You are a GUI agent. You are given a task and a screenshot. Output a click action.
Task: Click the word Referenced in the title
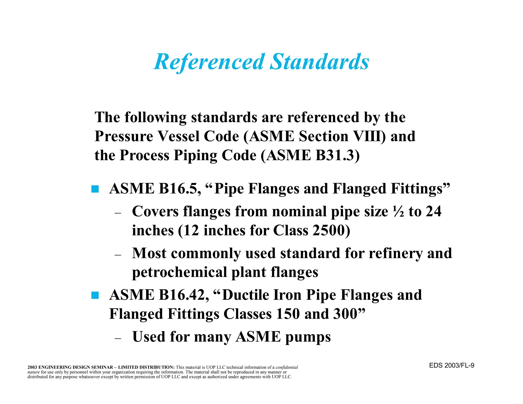[x=209, y=62]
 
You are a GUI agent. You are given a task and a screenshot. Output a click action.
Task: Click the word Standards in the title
[x=319, y=62]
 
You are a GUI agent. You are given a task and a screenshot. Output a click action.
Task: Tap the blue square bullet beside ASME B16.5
[x=95, y=189]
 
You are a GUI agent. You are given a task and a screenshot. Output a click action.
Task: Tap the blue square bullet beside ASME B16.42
[x=95, y=295]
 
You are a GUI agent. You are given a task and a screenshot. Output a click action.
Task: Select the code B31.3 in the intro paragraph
[x=335, y=155]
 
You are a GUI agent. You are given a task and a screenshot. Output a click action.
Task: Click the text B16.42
[x=182, y=295]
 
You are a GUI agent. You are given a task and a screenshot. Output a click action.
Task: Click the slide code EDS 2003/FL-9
[x=451, y=365]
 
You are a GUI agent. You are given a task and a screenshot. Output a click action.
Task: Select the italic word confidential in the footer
[x=287, y=367]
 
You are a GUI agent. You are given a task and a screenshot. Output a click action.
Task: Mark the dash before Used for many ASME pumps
[x=118, y=338]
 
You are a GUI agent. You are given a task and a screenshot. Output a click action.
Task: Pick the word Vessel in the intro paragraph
[x=179, y=136]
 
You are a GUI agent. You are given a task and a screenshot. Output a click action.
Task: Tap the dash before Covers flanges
[x=118, y=213]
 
